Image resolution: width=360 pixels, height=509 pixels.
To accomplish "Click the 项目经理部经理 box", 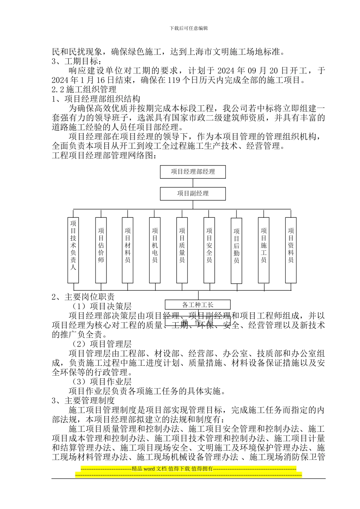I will point(193,172).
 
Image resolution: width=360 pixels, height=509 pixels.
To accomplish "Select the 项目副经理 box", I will point(193,194).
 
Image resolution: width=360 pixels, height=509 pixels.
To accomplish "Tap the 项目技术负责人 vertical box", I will point(73,250).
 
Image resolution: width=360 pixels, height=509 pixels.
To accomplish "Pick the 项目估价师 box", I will point(101,250).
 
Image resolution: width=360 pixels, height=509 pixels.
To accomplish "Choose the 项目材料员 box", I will point(128,250).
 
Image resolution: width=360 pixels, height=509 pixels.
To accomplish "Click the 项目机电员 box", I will point(155,250).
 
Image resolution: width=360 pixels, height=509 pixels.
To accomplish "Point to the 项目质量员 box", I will point(182,250).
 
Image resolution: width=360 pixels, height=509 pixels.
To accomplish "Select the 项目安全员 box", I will point(209,250).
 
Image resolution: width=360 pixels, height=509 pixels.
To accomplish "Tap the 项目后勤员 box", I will point(236,250).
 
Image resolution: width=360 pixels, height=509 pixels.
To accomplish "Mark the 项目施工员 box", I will point(264,250).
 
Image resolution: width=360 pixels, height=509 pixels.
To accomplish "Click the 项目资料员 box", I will point(291,250).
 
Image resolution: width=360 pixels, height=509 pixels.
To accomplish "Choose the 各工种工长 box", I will point(197,304).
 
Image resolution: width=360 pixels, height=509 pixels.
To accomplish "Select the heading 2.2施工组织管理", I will point(84,89).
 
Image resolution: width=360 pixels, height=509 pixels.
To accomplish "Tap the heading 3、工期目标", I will point(76,61).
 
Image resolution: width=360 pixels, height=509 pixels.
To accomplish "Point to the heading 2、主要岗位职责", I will point(83,297).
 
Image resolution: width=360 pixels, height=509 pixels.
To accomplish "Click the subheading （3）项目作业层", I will point(102,382).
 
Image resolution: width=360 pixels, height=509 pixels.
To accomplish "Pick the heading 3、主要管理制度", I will point(83,400).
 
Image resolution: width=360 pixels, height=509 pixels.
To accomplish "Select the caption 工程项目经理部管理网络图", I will point(104,155).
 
